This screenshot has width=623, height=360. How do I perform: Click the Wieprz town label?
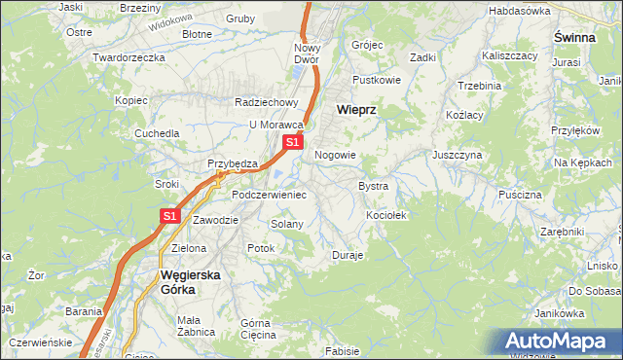coord(355,110)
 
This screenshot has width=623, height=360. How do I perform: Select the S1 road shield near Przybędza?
coord(292,143)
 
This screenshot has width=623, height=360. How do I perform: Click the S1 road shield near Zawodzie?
coord(169,216)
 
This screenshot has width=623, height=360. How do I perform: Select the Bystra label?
coord(374,185)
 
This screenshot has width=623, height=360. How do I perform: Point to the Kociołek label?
coord(385,214)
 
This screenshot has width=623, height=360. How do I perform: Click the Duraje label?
coord(348,255)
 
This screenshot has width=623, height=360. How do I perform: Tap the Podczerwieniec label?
coord(269,195)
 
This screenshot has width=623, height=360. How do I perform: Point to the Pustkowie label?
coord(377,80)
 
